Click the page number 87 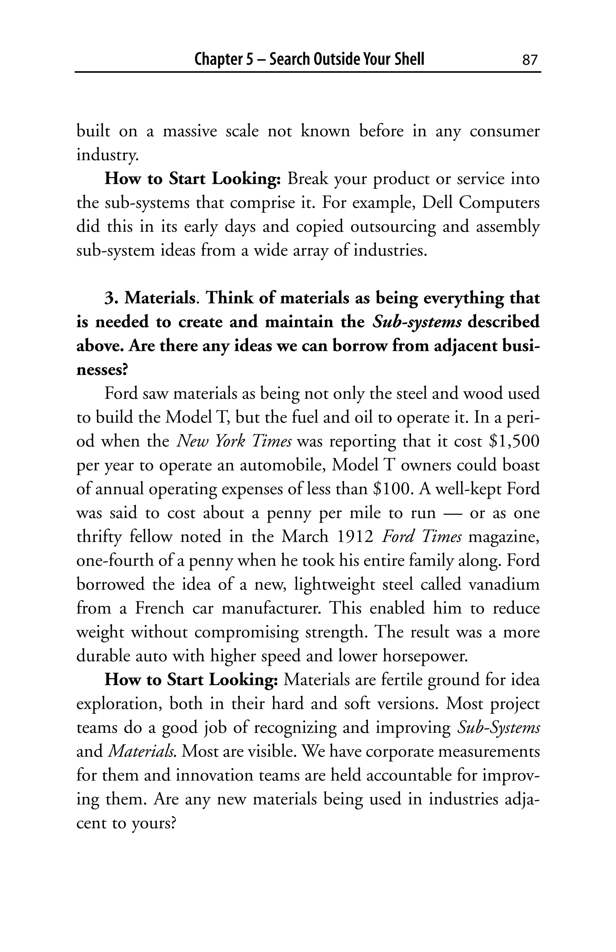(x=530, y=60)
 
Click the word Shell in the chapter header (x=408, y=59)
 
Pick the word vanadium (x=504, y=584)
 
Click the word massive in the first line (x=190, y=131)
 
